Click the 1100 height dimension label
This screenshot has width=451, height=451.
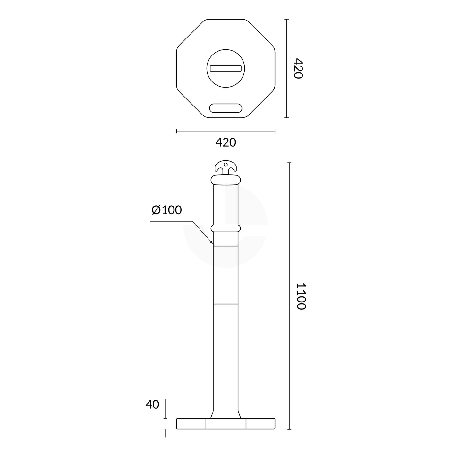301,296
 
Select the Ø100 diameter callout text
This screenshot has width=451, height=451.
166,210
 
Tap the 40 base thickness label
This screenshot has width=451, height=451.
152,404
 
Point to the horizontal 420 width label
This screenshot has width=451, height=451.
225,142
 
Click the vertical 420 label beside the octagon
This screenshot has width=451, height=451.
298,68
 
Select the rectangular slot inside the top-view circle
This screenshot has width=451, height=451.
225,68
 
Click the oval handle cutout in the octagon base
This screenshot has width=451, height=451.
225,108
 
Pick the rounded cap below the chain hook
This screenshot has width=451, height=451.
225,180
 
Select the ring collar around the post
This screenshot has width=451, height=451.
225,228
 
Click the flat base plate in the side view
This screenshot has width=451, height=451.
225,423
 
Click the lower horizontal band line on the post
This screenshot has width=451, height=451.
225,304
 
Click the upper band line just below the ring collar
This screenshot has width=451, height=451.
225,246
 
